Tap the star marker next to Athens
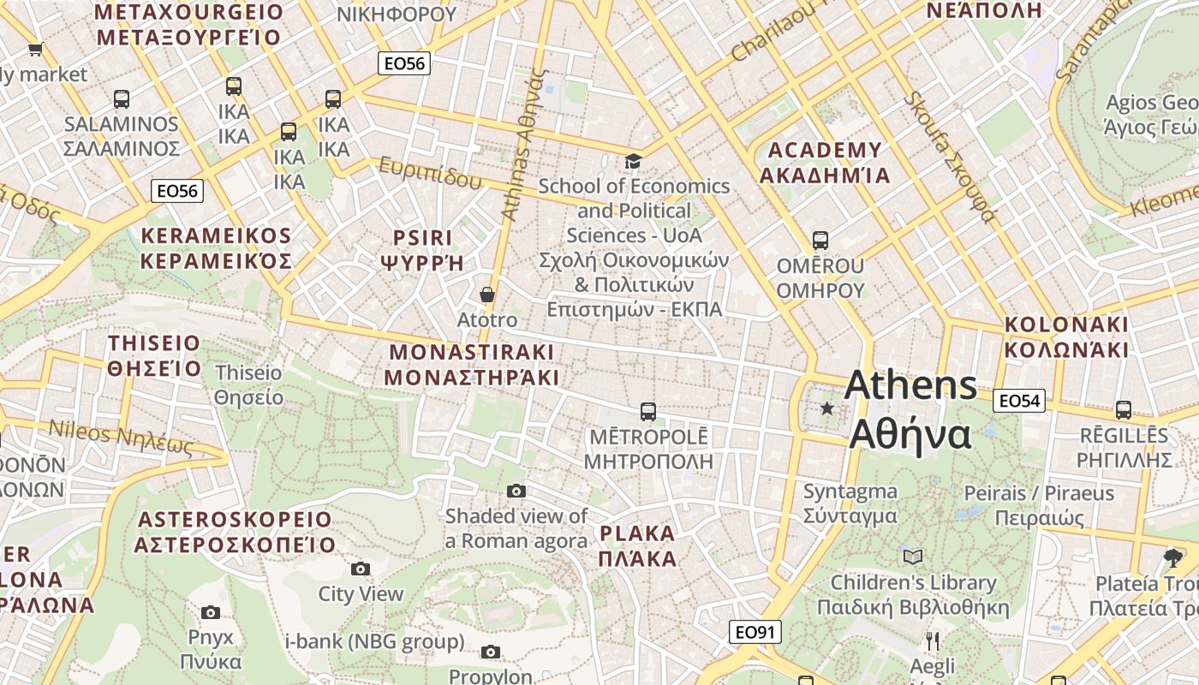pyautogui.click(x=827, y=408)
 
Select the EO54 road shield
pyautogui.click(x=1020, y=400)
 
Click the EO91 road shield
pyautogui.click(x=756, y=633)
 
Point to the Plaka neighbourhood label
pyautogui.click(x=638, y=546)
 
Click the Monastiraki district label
pyautogui.click(x=471, y=365)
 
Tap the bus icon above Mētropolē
pyautogui.click(x=648, y=412)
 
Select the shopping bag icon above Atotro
pyautogui.click(x=487, y=295)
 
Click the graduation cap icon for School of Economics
pyautogui.click(x=633, y=161)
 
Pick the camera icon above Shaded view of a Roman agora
pyautogui.click(x=516, y=491)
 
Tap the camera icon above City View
pyautogui.click(x=361, y=569)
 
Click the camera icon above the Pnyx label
pyautogui.click(x=211, y=612)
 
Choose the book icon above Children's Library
pyautogui.click(x=913, y=557)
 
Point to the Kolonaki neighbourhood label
pyautogui.click(x=1066, y=337)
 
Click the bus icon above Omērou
pyautogui.click(x=820, y=241)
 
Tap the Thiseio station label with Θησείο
pyautogui.click(x=248, y=385)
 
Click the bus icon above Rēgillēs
pyautogui.click(x=1123, y=410)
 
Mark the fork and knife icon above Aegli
pyautogui.click(x=933, y=640)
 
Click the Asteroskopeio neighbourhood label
pyautogui.click(x=235, y=532)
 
